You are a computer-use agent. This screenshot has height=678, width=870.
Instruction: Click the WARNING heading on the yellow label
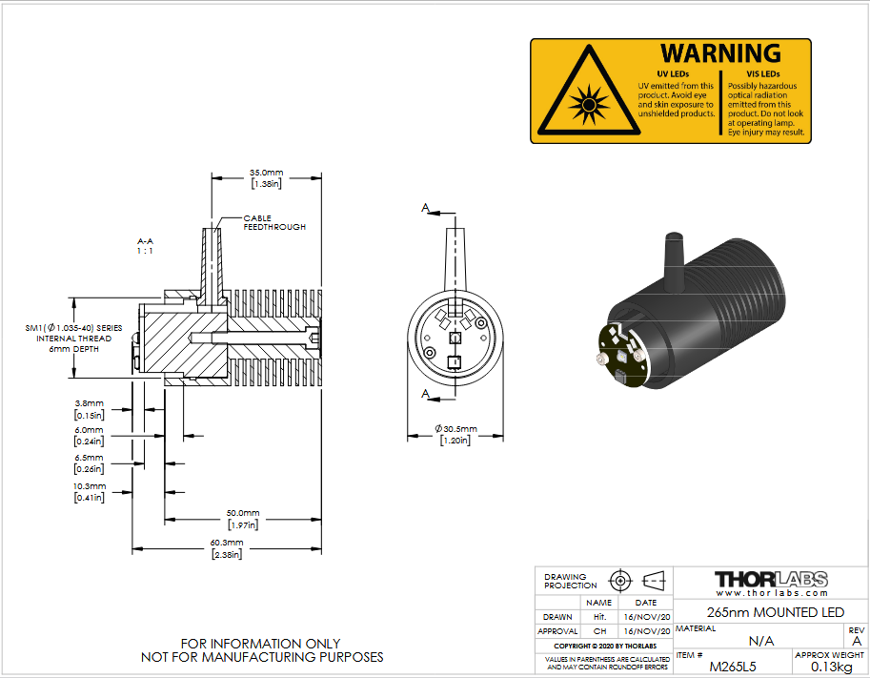(x=720, y=53)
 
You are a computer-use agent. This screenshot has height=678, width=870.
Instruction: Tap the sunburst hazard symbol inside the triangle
(x=589, y=104)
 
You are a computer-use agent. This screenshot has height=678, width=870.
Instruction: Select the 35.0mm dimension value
(x=266, y=173)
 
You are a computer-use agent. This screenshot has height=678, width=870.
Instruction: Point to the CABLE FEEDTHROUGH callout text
(x=274, y=223)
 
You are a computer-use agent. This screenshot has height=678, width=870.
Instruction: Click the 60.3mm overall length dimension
(x=227, y=543)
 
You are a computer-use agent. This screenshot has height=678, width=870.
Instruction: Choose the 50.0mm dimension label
(x=243, y=513)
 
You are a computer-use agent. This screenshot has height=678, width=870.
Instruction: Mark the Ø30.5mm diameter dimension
(x=455, y=429)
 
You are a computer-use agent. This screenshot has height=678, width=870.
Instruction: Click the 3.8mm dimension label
(x=90, y=403)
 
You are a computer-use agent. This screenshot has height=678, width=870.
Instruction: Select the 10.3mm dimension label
(x=90, y=486)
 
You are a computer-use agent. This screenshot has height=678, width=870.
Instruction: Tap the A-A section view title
(x=146, y=241)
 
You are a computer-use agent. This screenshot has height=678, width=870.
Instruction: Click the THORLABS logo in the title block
(x=771, y=579)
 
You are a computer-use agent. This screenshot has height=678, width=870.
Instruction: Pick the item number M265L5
(x=733, y=667)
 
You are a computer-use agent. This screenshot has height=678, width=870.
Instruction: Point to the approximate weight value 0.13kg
(x=831, y=667)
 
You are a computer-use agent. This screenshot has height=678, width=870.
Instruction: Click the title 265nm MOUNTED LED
(x=775, y=612)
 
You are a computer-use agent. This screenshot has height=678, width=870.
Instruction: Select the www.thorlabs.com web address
(x=772, y=593)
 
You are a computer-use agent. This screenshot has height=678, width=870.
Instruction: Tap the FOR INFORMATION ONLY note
(x=261, y=644)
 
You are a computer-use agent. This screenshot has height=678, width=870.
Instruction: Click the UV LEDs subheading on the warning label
(x=673, y=73)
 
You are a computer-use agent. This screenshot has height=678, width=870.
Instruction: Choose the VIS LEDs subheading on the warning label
(x=763, y=73)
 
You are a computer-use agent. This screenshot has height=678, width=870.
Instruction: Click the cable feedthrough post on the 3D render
(x=674, y=261)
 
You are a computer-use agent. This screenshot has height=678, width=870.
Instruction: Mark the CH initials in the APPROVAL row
(x=599, y=631)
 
